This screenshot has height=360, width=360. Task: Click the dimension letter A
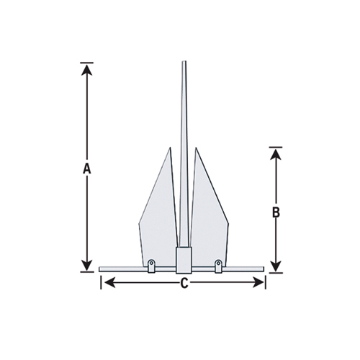[x=86, y=169]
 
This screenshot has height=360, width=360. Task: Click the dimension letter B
[x=275, y=212]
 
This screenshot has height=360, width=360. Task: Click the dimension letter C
[x=184, y=283]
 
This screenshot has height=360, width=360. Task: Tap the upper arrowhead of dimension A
[x=86, y=70]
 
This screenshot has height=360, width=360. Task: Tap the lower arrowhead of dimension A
[x=86, y=265]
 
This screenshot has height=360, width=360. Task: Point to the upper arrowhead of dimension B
[x=275, y=154]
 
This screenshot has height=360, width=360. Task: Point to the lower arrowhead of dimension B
[x=275, y=265]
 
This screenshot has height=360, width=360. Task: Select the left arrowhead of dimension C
[x=107, y=283]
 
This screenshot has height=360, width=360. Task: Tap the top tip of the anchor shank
[x=184, y=63]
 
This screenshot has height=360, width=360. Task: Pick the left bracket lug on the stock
[x=151, y=266]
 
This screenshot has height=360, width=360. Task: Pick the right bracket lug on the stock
[x=217, y=266]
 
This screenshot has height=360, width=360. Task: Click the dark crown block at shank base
[x=184, y=258]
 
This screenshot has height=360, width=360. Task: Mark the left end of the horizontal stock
[x=100, y=270]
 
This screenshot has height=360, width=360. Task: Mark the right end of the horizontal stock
[x=264, y=270]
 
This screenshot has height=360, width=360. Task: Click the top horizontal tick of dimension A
[x=86, y=63]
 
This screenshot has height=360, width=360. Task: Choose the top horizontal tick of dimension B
[x=275, y=147]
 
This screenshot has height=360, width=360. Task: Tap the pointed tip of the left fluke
[x=171, y=150]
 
